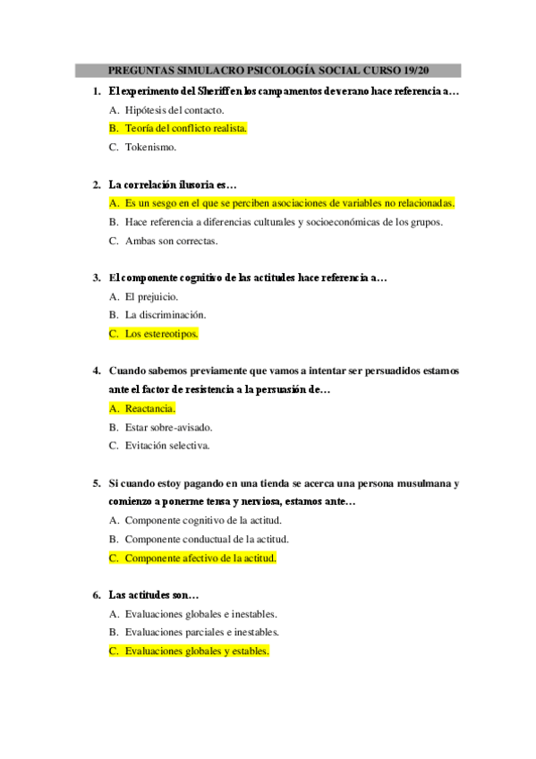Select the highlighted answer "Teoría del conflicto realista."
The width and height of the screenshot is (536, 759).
click(x=186, y=128)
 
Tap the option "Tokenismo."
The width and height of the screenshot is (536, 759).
click(x=150, y=147)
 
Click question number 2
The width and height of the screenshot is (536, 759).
click(x=97, y=184)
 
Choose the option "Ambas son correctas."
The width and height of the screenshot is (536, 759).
click(x=171, y=240)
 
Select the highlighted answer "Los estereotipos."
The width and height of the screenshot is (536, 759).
click(x=161, y=334)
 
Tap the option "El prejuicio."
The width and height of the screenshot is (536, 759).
click(x=151, y=296)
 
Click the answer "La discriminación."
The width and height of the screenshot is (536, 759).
click(x=166, y=315)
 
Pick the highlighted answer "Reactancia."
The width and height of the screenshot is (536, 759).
click(x=150, y=408)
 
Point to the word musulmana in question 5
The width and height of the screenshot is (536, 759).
click(x=422, y=483)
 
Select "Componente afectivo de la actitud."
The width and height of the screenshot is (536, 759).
click(x=200, y=558)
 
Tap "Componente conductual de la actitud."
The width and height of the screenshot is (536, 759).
click(x=207, y=539)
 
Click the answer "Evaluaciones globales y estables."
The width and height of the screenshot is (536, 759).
click(x=197, y=652)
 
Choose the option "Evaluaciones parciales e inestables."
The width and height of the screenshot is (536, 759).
click(x=202, y=633)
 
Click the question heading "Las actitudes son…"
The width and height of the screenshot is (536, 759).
click(x=153, y=595)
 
